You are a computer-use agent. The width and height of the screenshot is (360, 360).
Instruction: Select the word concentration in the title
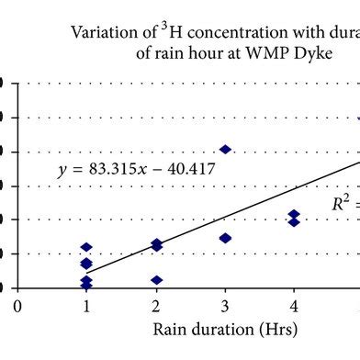(210, 32)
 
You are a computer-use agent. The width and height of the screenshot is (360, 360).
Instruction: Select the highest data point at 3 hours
(225, 149)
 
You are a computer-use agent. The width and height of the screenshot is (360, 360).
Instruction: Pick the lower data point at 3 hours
(225, 238)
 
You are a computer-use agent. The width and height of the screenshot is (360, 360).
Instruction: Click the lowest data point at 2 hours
(156, 280)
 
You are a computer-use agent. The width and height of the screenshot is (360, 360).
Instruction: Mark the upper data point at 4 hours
(294, 215)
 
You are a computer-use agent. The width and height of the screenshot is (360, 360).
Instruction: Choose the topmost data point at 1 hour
(86, 247)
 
